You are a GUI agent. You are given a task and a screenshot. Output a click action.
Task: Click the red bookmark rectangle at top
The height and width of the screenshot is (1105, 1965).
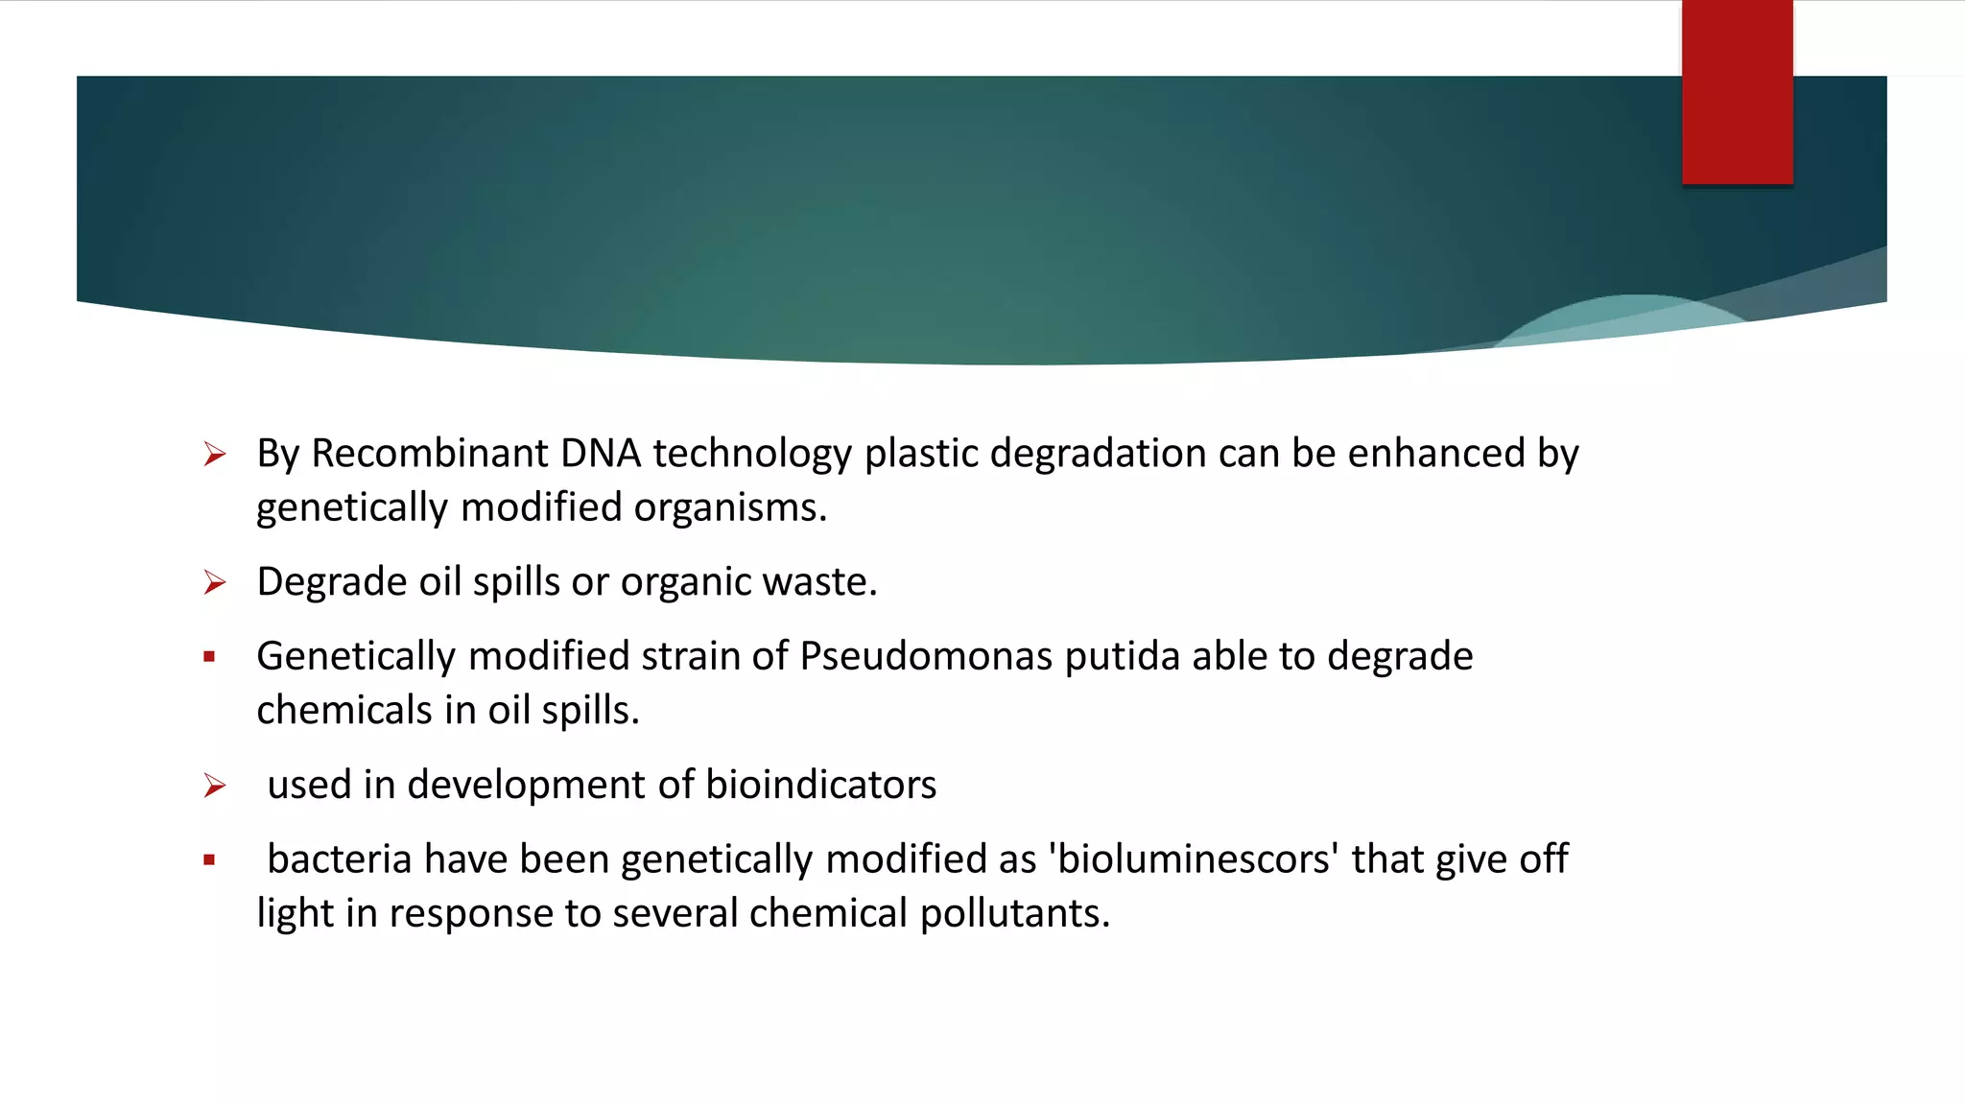1737,92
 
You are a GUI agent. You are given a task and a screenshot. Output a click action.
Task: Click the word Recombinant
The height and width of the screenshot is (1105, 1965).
429,454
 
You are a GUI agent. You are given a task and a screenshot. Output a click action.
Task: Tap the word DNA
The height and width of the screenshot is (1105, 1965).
600,454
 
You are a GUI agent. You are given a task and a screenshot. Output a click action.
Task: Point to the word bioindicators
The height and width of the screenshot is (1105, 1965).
820,785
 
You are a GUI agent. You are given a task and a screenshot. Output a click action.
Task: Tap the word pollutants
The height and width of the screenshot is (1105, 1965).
1014,913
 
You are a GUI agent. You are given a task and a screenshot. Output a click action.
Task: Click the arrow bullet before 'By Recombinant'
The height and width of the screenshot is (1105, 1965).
215,454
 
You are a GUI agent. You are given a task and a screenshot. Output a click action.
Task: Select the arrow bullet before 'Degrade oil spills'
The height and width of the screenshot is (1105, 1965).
215,582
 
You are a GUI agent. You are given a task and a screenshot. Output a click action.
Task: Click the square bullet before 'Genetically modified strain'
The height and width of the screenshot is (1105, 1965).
209,657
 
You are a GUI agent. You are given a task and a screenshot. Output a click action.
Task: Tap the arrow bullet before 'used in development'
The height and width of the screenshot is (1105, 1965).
215,786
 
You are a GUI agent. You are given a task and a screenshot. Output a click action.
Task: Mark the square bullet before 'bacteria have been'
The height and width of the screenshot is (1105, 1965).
209,860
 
